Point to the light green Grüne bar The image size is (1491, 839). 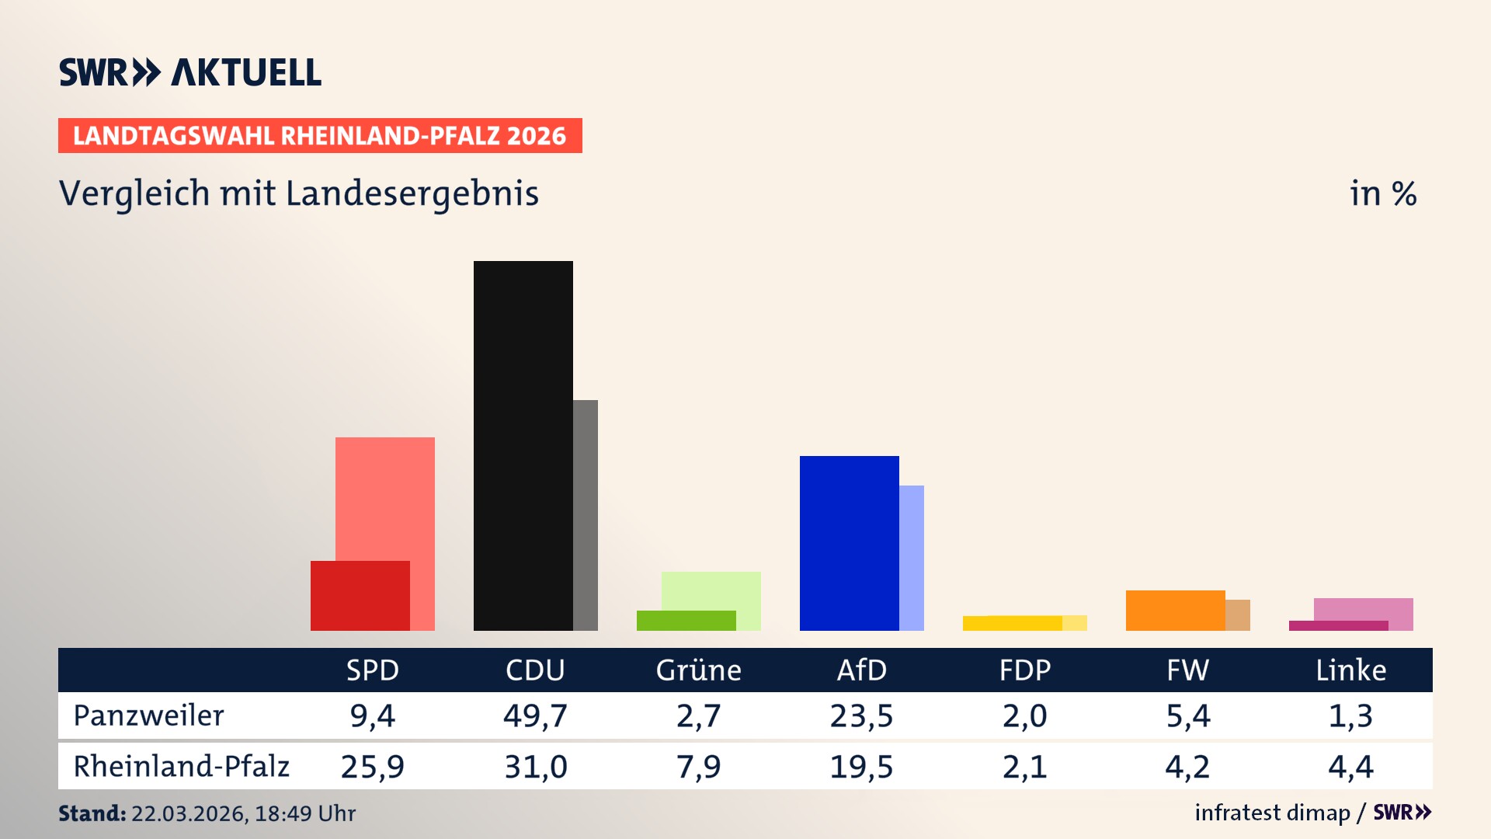tap(711, 590)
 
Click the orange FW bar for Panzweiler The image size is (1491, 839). tap(1175, 610)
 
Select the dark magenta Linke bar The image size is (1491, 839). tap(1338, 625)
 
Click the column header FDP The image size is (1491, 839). tap(1024, 670)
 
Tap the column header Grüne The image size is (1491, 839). tap(698, 670)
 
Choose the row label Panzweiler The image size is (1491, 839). tap(148, 715)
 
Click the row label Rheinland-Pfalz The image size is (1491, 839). tap(181, 766)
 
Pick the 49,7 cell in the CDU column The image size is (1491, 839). tap(535, 715)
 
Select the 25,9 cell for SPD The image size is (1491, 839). tap(372, 767)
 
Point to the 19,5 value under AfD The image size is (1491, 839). tap(861, 767)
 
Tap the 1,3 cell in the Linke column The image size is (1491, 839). tap(1350, 715)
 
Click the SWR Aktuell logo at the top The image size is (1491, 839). tap(190, 72)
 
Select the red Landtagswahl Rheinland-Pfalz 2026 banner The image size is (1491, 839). tap(320, 135)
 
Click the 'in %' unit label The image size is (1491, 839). tap(1383, 193)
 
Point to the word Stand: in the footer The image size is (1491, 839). tap(92, 813)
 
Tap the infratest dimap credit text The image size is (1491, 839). tap(1272, 813)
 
